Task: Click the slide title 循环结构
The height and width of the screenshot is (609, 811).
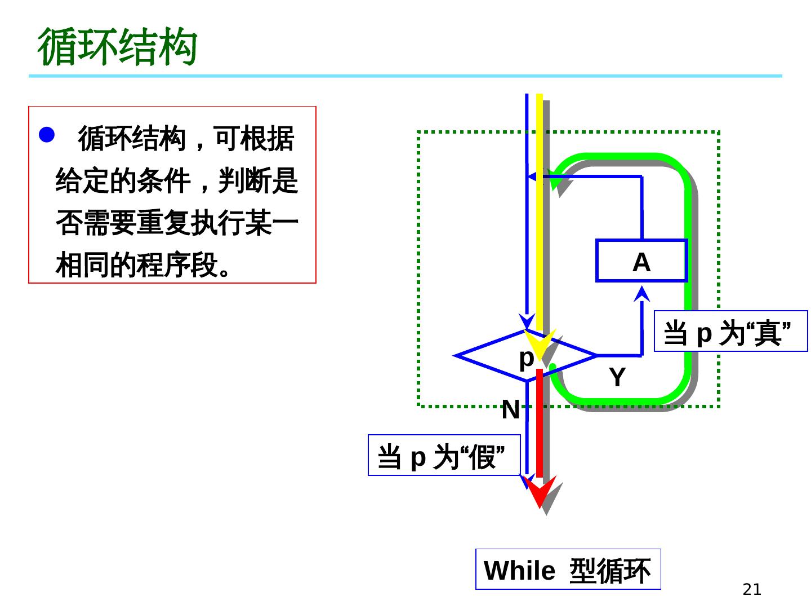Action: pos(118,47)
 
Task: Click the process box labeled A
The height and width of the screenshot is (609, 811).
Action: pos(641,261)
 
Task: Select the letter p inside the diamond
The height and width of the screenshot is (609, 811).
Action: pos(526,358)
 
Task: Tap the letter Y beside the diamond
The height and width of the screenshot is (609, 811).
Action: pos(617,377)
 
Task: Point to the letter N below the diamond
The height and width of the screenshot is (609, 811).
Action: pos(510,410)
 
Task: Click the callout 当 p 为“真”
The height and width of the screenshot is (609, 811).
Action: pos(730,332)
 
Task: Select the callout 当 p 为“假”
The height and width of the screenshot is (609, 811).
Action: pos(444,455)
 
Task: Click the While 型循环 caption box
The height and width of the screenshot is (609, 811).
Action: pos(568,570)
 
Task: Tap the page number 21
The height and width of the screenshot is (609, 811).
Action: pos(752,589)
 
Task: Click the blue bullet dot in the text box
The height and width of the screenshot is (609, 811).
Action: pos(46,135)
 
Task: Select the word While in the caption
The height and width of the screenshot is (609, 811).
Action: pos(519,571)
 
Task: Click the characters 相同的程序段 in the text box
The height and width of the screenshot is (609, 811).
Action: pos(136,265)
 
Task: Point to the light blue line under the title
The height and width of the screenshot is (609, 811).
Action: pos(405,76)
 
